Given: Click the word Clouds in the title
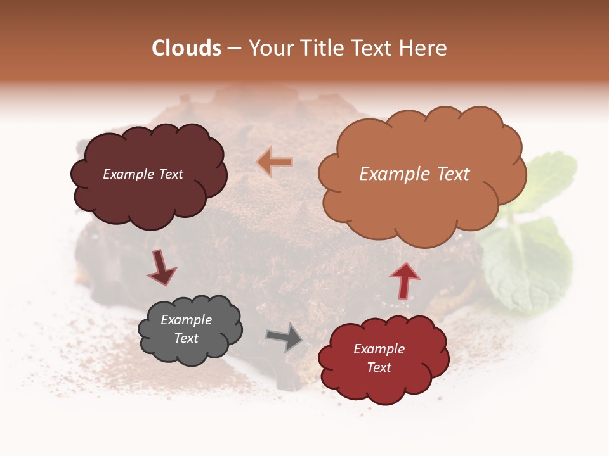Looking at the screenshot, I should pos(186,48).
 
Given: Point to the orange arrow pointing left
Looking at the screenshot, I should pos(275,162).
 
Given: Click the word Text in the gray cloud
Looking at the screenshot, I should pos(187,338).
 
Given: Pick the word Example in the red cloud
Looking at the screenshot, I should pos(379,349).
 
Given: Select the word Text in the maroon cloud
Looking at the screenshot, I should pos(169,174).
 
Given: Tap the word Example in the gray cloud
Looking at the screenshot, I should pos(187,320).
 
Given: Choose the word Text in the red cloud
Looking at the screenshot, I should pos(379,367).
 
